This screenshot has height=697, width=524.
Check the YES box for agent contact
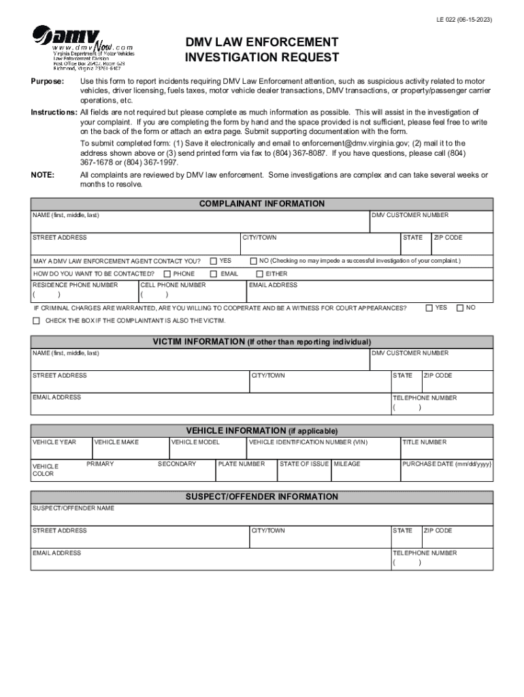pos(214,261)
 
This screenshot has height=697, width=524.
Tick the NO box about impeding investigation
pos(254,261)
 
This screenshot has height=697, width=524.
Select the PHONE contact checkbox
pos(167,274)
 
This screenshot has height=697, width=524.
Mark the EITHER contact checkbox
pos(259,274)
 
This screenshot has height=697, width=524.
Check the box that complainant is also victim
pos(36,321)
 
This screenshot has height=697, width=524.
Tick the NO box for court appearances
pos(460,308)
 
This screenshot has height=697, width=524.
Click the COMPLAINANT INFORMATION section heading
pos(262,204)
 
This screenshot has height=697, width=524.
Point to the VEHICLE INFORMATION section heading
pos(262,430)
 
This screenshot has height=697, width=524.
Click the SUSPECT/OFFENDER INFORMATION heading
pos(262,497)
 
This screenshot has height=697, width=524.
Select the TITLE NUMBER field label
pos(425,442)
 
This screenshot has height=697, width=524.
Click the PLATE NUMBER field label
pos(242,464)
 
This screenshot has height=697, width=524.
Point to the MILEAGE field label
pos(347,464)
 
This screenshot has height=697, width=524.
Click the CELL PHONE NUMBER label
pos(173,285)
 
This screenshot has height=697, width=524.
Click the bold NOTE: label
pos(42,175)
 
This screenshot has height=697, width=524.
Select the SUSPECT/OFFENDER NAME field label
pos(73,508)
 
